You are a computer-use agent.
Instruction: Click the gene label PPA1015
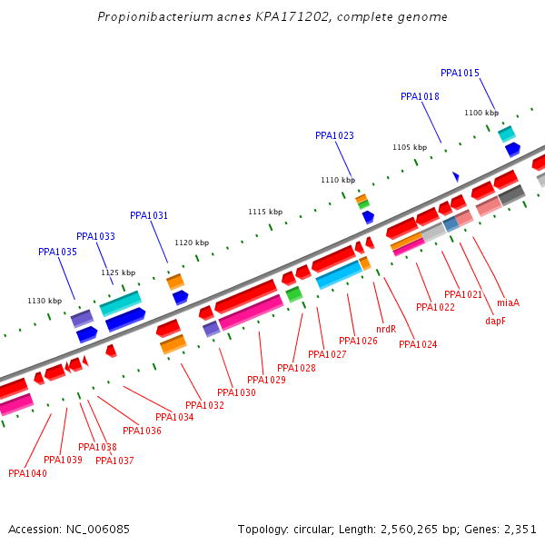(x=460, y=73)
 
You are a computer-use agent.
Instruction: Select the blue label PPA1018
(x=420, y=96)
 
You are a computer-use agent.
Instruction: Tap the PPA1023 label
(x=334, y=135)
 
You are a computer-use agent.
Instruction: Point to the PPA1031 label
(x=149, y=215)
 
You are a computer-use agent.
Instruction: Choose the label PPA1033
(x=95, y=236)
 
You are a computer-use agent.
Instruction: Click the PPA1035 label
(x=57, y=252)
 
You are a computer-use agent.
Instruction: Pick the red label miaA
(x=508, y=302)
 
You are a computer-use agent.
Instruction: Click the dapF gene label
(x=495, y=321)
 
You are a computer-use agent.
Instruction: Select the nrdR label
(x=385, y=329)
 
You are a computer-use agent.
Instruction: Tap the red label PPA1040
(x=27, y=473)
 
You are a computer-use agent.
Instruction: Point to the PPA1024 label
(x=418, y=344)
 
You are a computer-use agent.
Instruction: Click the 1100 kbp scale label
(x=481, y=113)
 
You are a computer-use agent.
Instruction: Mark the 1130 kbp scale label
(x=45, y=301)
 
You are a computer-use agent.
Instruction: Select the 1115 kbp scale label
(x=265, y=212)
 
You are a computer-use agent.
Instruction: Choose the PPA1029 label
(x=266, y=380)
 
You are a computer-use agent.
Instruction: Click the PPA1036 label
(x=142, y=431)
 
